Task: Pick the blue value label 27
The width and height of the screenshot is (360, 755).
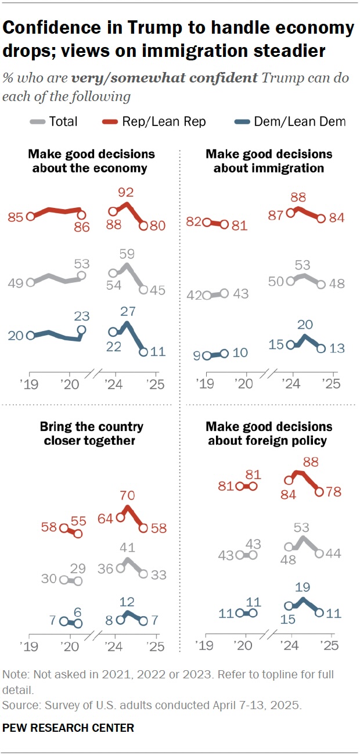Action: click(127, 312)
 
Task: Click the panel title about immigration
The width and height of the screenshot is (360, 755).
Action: click(269, 161)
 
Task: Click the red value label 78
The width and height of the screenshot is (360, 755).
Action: click(333, 492)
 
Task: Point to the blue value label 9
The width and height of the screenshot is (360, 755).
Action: click(197, 355)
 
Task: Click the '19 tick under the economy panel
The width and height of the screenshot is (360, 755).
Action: click(29, 384)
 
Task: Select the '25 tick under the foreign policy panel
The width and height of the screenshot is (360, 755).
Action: click(330, 645)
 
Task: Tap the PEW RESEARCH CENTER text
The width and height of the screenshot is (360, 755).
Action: click(69, 727)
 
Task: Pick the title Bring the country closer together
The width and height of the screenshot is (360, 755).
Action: click(92, 433)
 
